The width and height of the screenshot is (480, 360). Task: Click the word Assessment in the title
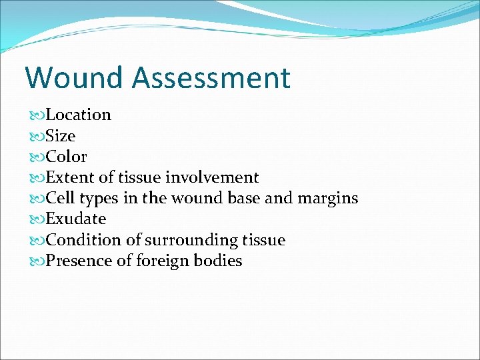point(211,77)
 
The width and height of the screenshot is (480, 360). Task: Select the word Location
point(79,115)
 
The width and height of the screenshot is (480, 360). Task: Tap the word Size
point(61,136)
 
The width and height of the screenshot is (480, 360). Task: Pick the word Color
point(66,157)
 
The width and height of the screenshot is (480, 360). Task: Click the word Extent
point(70,177)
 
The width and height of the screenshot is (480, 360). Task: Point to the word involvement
point(212,177)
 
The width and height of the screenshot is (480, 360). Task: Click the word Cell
point(60,198)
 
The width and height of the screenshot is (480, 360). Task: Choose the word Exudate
point(76,219)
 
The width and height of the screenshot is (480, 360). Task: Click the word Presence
point(79,261)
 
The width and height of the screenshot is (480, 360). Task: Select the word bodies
point(217,261)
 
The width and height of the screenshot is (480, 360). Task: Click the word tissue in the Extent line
point(139,177)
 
